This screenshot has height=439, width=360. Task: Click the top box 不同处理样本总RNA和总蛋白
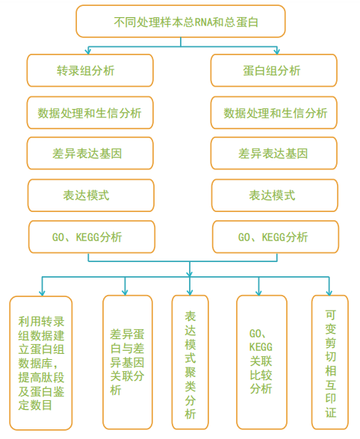181,21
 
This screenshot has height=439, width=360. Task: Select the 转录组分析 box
90,70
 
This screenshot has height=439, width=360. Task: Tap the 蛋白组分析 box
273,70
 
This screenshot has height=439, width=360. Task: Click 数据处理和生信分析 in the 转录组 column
90,113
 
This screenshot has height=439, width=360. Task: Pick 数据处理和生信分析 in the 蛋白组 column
273,113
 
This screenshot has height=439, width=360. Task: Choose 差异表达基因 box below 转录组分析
90,153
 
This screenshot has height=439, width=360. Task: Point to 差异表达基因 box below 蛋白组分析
273,153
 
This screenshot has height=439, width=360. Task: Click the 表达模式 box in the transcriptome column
91,196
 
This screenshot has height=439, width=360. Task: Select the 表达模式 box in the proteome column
275,196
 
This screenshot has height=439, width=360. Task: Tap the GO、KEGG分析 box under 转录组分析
92,237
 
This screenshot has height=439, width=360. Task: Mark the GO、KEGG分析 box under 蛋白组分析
276,237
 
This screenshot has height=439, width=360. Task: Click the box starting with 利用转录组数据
41,363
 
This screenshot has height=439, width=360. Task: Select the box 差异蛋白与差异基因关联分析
128,362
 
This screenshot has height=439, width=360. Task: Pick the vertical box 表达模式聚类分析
190,362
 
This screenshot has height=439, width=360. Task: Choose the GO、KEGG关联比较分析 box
261,362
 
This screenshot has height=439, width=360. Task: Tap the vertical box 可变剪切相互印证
330,362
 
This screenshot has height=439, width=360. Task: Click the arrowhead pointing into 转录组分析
88,52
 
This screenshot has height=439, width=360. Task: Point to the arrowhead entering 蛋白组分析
277,52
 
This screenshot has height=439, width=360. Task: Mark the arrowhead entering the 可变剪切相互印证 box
329,293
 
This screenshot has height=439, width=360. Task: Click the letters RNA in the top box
204,22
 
